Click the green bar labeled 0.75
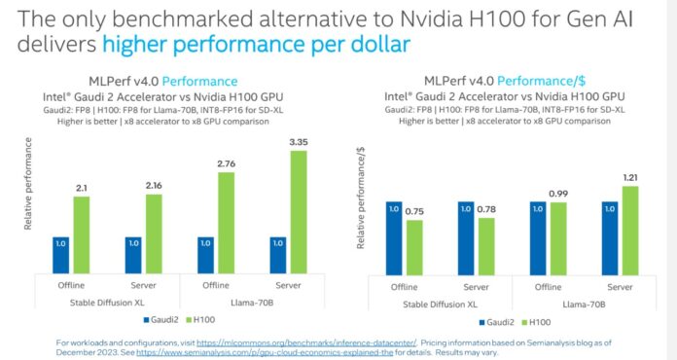pos(414,247)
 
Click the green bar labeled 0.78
pos(486,245)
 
